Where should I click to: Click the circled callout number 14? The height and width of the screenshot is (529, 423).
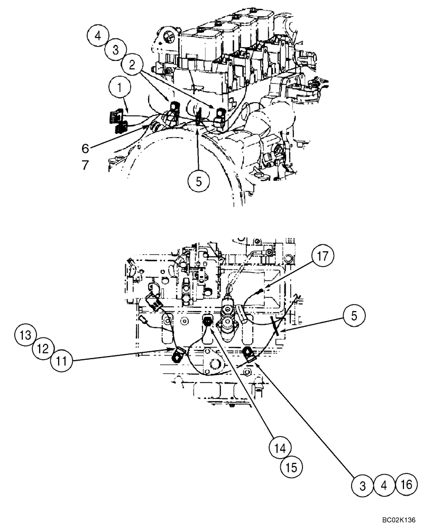(x=281, y=448)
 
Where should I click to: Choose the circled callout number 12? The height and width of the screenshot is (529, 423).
(x=45, y=349)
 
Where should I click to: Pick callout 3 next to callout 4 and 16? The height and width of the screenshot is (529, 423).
(x=363, y=484)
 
